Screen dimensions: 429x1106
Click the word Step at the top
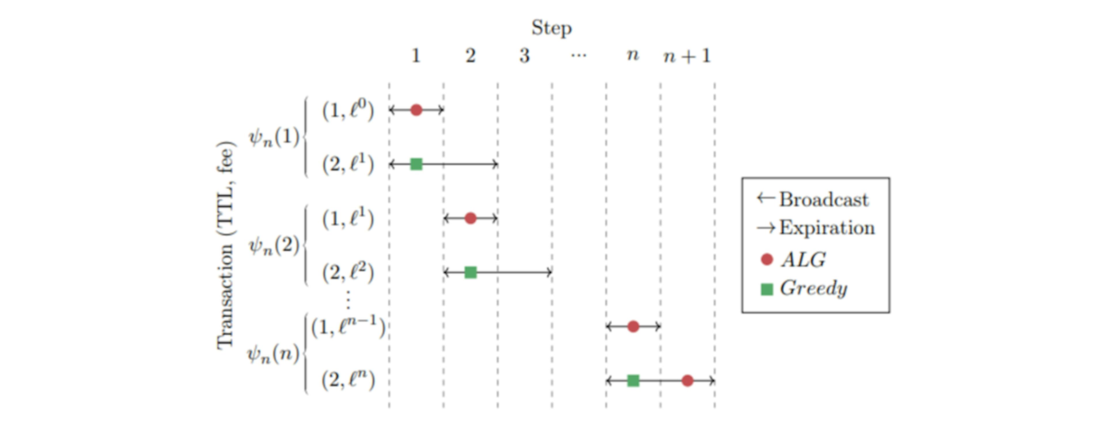point(551,28)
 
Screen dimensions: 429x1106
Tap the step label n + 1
point(687,56)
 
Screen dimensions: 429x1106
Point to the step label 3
point(524,56)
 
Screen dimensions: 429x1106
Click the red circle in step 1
point(416,110)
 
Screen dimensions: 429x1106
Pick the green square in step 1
point(416,164)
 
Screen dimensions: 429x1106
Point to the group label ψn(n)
point(274,355)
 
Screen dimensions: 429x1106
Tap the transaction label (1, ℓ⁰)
point(348,111)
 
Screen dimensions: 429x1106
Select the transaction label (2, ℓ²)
point(348,273)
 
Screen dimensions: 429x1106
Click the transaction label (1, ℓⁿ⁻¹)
point(348,328)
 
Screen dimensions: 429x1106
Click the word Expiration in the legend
point(827,228)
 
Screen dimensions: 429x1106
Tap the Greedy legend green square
point(767,289)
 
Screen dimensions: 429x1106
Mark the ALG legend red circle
point(767,260)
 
